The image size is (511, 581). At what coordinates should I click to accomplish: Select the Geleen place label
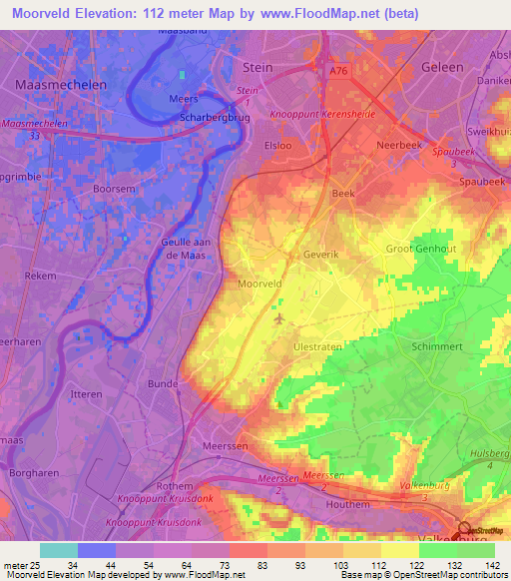click(x=443, y=67)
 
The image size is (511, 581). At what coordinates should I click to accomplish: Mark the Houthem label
click(x=376, y=505)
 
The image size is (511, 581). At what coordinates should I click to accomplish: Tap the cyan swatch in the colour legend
click(x=58, y=550)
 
